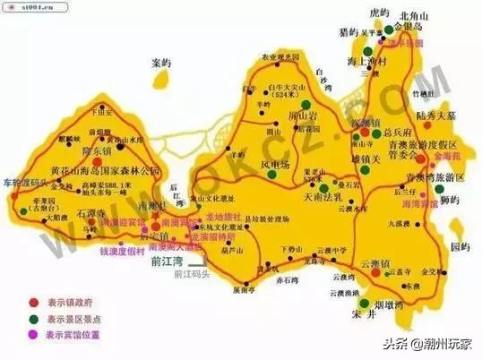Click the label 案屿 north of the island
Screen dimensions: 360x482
[x=160, y=64]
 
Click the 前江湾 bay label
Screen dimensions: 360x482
[x=168, y=262]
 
